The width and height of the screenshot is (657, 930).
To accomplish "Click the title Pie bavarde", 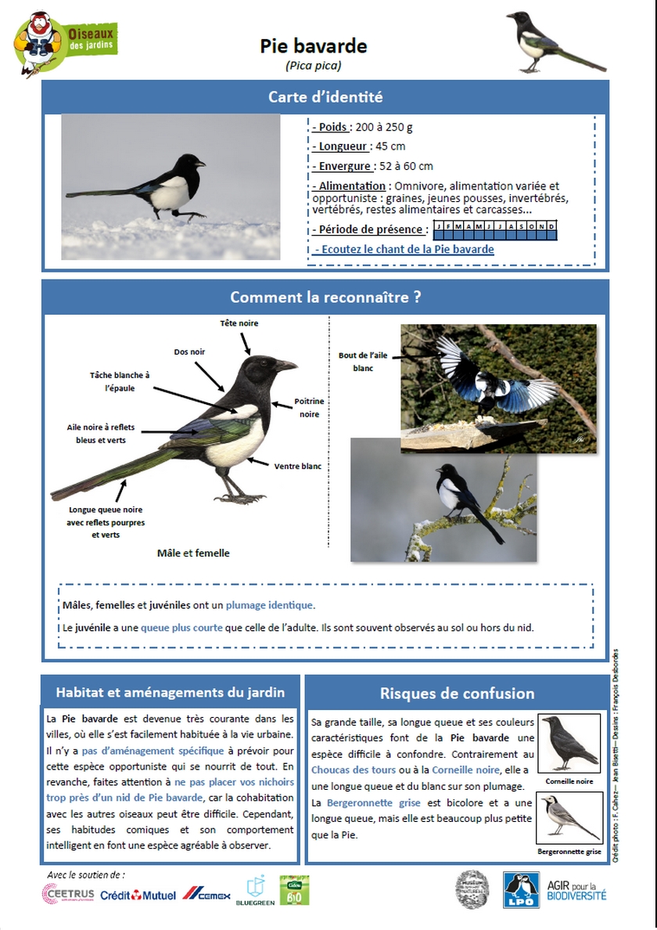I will tap(314, 47).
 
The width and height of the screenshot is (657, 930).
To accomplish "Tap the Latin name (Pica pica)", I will tap(314, 66).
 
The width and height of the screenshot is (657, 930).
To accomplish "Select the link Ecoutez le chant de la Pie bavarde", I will tap(404, 250).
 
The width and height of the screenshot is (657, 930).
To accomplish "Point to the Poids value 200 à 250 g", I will tap(382, 128).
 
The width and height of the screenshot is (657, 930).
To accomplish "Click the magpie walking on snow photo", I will tap(171, 186).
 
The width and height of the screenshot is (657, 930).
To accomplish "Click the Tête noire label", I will tap(239, 323).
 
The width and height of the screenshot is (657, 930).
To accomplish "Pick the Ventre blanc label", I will tap(297, 467).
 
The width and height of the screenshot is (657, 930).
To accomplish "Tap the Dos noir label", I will tap(189, 352).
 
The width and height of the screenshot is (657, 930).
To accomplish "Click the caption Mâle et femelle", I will tap(193, 553).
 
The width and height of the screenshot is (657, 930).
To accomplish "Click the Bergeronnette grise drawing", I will tap(569, 819).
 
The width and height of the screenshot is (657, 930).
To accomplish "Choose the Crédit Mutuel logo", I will tap(138, 895).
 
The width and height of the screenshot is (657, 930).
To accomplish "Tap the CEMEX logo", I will tap(206, 894).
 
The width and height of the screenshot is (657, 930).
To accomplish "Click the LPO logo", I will tap(521, 890).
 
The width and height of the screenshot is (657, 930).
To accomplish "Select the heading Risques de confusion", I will tap(457, 694).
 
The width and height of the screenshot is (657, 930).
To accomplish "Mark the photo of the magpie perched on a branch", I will tap(443, 500).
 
